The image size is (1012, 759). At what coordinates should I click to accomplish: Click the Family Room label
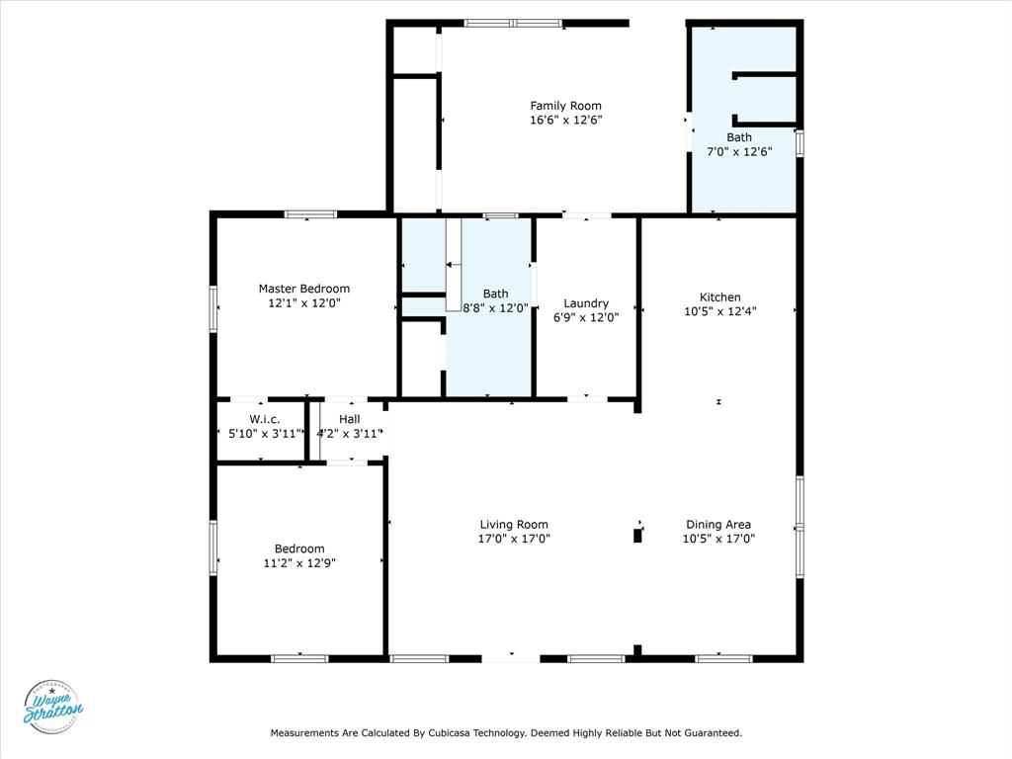point(565,106)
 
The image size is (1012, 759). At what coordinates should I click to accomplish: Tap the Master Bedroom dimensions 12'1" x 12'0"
point(303,303)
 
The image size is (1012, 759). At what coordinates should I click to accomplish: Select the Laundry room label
point(586,303)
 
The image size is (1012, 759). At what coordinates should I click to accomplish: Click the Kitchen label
point(719,296)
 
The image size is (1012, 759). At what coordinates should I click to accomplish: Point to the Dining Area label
point(718,525)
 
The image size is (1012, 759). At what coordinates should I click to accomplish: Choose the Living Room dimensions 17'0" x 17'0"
point(514,539)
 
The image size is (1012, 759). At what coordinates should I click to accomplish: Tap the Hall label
point(349,419)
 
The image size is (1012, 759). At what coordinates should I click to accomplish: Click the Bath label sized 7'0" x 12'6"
point(739,137)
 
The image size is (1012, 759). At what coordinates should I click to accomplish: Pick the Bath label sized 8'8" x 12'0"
point(496,294)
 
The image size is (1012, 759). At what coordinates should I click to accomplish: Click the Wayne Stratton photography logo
point(52,708)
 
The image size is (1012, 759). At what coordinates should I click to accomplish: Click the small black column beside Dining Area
point(637,535)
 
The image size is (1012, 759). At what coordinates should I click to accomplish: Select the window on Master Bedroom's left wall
point(212,308)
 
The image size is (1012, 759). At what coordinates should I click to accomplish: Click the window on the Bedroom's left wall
point(212,548)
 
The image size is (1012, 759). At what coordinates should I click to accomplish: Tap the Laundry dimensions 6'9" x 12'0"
point(586,317)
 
